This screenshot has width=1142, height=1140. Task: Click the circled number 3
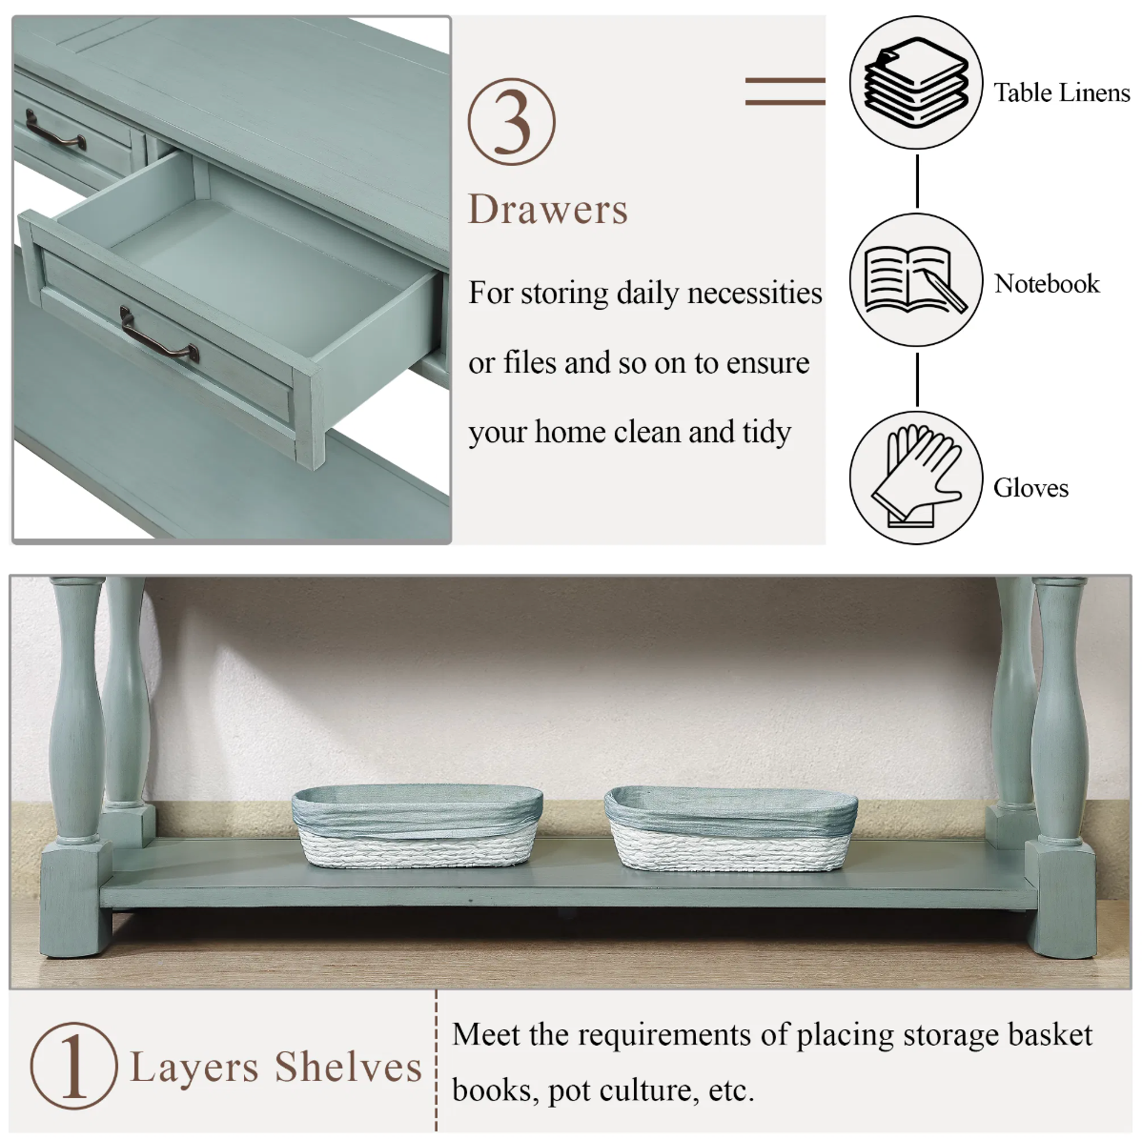point(511,122)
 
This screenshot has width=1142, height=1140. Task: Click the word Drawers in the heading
point(548,210)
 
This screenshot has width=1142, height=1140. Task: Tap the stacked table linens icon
point(916,82)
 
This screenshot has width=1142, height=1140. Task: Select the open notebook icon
point(916,279)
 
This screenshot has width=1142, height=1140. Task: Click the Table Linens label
point(1062,92)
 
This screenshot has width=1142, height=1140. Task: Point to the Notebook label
point(1047,283)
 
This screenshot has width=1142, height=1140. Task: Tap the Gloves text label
point(1030,487)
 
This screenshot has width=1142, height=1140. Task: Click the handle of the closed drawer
point(55,132)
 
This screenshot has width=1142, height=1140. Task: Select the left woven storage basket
point(418,825)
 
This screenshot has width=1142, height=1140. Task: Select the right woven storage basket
point(730,827)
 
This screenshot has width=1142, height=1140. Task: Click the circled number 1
point(73,1067)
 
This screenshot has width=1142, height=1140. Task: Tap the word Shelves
point(348,1068)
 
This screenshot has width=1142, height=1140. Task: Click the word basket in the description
point(1050,1034)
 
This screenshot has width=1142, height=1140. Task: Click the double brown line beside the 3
point(785,92)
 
